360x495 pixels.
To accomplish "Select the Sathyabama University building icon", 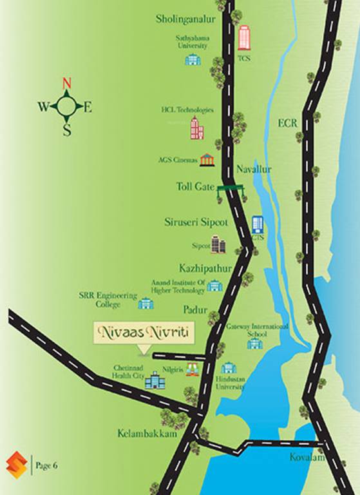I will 193,59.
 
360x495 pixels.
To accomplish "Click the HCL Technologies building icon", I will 196,128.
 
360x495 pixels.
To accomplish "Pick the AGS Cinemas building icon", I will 207,159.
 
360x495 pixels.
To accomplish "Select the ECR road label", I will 289,123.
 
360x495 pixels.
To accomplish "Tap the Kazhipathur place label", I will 202,267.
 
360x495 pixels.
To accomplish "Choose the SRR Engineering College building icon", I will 146,303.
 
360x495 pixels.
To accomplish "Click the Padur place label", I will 194,310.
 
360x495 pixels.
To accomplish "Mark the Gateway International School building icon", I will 255,343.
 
